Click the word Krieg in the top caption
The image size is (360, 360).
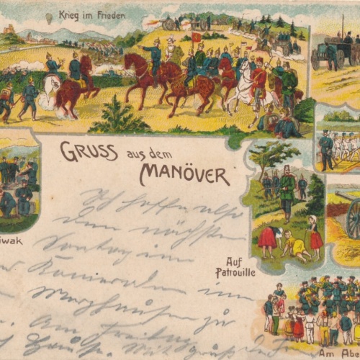71,15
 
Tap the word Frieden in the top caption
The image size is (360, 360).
111,15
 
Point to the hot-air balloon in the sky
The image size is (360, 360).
48,17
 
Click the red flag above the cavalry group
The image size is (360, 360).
197,37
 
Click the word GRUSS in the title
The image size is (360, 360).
79,151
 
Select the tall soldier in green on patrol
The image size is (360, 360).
287,190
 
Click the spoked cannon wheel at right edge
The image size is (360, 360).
353,219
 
